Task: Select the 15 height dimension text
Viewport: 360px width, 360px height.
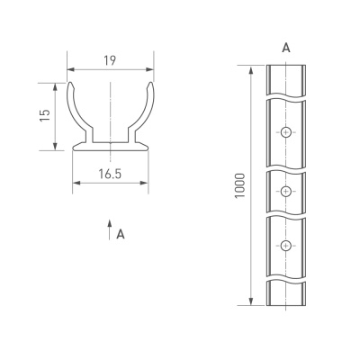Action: pos(44,116)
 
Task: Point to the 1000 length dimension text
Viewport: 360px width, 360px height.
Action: pos(238,185)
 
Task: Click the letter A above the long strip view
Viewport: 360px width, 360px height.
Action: pos(285,46)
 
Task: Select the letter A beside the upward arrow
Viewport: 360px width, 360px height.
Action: pos(120,235)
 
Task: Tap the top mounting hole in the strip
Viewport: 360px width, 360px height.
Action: pos(285,132)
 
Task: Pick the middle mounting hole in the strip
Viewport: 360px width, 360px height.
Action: pos(285,190)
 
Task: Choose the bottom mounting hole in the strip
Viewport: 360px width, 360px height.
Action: pos(285,246)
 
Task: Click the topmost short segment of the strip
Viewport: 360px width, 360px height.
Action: pos(285,79)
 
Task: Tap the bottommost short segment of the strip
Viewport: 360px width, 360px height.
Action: pos(285,293)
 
